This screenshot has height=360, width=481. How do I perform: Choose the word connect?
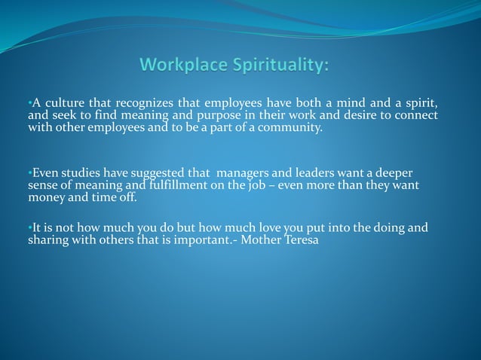click(418, 115)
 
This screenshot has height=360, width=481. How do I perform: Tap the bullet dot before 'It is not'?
click(29, 227)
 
